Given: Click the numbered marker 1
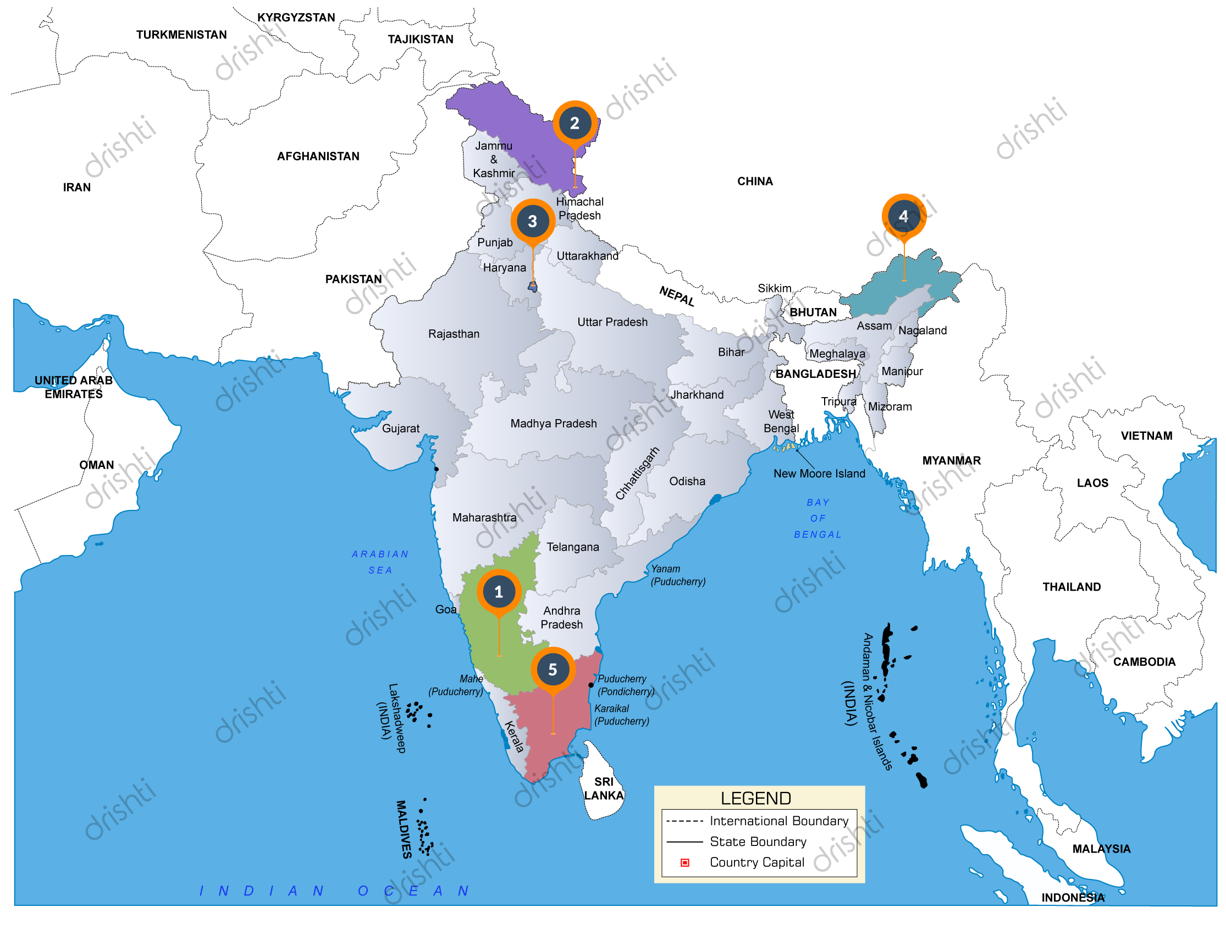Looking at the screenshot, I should pyautogui.click(x=498, y=592).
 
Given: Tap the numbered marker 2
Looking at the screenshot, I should pyautogui.click(x=575, y=123).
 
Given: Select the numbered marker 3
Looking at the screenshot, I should pyautogui.click(x=533, y=221).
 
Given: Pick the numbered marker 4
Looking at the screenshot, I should pyautogui.click(x=903, y=216).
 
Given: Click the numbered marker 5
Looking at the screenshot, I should pyautogui.click(x=553, y=669).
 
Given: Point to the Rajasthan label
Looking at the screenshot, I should pyautogui.click(x=454, y=334).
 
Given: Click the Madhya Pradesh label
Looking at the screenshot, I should pyautogui.click(x=553, y=424).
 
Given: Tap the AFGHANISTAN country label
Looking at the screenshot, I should pyautogui.click(x=318, y=156).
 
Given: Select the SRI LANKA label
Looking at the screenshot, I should pyautogui.click(x=604, y=788).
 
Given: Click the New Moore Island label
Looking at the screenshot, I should pyautogui.click(x=819, y=474).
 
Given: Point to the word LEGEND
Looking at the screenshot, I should pyautogui.click(x=755, y=799).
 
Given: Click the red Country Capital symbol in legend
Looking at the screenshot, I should pyautogui.click(x=685, y=862).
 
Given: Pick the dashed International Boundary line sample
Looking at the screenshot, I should pyautogui.click(x=685, y=821).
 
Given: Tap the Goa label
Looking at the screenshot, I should pyautogui.click(x=446, y=609).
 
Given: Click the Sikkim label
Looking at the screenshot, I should pyautogui.click(x=774, y=288).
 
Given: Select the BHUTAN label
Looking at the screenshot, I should pyautogui.click(x=813, y=312).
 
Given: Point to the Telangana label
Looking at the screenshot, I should pyautogui.click(x=572, y=547).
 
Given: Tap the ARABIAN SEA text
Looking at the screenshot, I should pyautogui.click(x=380, y=562).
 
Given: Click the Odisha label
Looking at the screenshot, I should pyautogui.click(x=687, y=481).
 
